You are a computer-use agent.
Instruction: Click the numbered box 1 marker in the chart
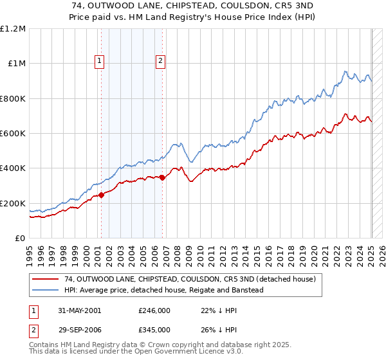(x=101, y=62)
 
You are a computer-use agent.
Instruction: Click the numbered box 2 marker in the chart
(x=160, y=62)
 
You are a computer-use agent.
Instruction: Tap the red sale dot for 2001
(x=102, y=195)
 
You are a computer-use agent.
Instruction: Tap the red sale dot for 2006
(x=162, y=178)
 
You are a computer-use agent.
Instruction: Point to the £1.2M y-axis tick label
(x=13, y=29)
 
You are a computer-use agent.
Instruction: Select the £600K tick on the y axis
(x=13, y=134)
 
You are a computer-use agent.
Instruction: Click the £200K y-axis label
(x=13, y=203)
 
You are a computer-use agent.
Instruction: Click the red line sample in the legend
(x=46, y=280)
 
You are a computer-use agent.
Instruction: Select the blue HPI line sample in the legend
(x=46, y=290)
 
